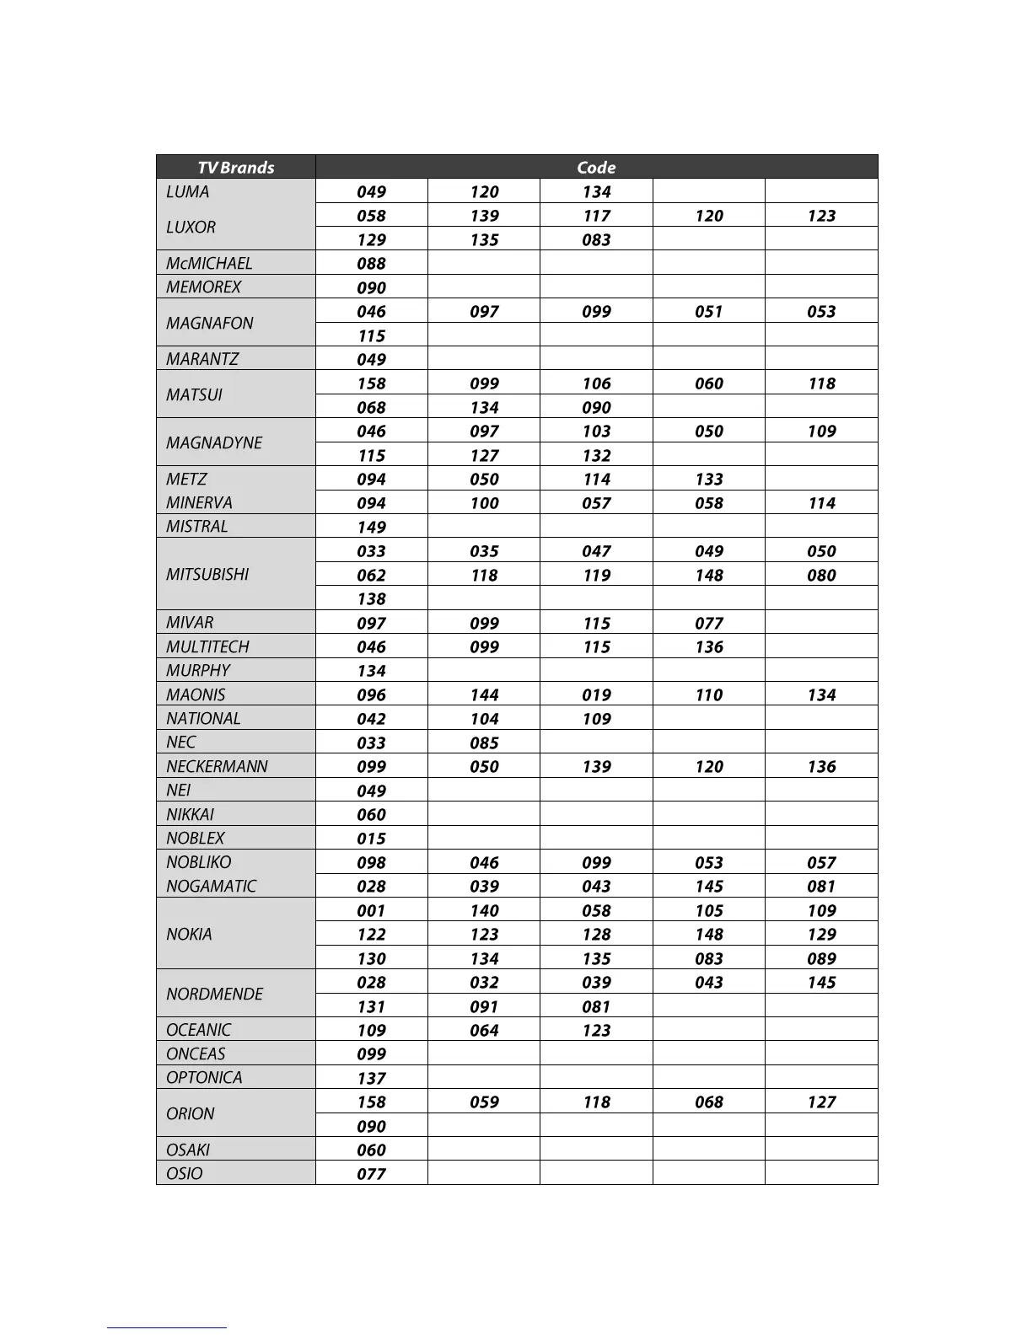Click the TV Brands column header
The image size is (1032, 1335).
[x=235, y=167]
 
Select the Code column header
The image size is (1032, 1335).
[x=596, y=167]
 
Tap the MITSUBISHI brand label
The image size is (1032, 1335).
[x=207, y=574]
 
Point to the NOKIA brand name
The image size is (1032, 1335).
[x=189, y=934]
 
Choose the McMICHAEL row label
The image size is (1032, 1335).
[x=209, y=263]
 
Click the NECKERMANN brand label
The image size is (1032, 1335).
[x=217, y=766]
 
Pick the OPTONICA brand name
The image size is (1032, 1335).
[x=204, y=1077]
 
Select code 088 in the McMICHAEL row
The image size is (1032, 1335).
[x=371, y=264]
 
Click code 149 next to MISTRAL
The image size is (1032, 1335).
[x=371, y=527]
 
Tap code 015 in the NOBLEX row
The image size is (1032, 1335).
[x=371, y=839]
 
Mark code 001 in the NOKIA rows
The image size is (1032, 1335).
[x=371, y=910]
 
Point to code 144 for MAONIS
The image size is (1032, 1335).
[x=484, y=694]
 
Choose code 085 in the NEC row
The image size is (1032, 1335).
[x=484, y=743]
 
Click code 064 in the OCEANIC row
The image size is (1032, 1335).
[x=484, y=1030]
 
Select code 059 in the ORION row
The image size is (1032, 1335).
[x=484, y=1102]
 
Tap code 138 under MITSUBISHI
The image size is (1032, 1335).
[x=371, y=598]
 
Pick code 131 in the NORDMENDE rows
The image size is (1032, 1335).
[x=371, y=1006]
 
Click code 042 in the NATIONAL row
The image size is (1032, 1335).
[x=371, y=719]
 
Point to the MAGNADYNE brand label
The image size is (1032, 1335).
[x=214, y=442]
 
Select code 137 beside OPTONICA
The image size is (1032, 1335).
[x=371, y=1078]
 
